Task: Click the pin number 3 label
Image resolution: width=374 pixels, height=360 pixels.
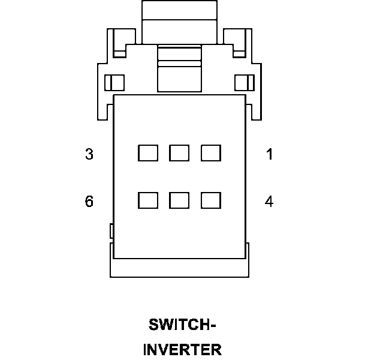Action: click(x=89, y=154)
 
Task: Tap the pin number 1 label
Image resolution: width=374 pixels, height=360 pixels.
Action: click(x=270, y=154)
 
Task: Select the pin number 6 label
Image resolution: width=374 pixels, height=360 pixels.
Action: click(x=89, y=201)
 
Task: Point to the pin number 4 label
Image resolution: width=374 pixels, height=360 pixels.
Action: click(x=269, y=201)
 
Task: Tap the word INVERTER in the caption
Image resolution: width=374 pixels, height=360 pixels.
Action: click(x=182, y=349)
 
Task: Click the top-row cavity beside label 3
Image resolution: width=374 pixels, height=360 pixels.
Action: click(x=148, y=153)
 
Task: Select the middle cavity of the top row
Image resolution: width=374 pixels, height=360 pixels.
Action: click(x=179, y=153)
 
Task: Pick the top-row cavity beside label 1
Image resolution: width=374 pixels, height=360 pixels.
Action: click(x=210, y=153)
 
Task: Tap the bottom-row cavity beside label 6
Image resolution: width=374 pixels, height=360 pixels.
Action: click(x=148, y=200)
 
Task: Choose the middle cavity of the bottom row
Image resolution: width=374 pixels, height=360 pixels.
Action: click(x=179, y=200)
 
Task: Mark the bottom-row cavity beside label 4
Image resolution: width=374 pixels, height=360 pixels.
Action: click(x=210, y=200)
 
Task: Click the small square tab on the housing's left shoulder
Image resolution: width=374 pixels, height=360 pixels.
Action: click(x=114, y=82)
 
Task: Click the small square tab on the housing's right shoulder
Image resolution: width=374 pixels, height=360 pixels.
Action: click(x=245, y=82)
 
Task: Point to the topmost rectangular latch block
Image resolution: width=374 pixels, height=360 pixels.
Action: click(x=179, y=10)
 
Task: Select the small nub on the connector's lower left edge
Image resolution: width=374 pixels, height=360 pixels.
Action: click(x=111, y=230)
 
